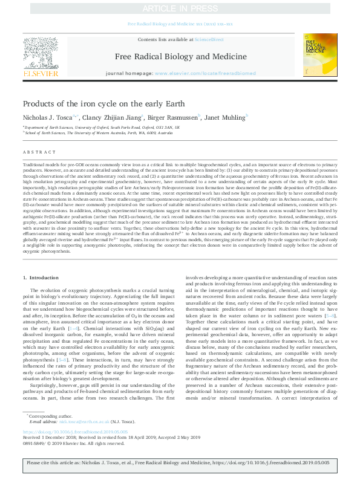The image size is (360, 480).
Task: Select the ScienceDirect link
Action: [208, 40]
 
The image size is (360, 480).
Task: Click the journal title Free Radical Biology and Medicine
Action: [180, 57]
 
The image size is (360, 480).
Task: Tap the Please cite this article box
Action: [180, 466]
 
